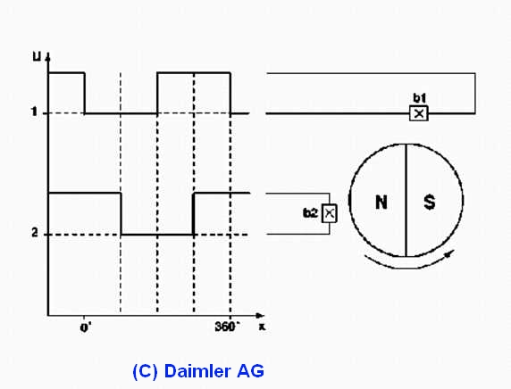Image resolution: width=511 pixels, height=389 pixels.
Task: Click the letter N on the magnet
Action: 381,202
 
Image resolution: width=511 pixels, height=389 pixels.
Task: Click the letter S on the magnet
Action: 429,202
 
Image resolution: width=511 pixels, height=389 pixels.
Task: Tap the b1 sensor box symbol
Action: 418,113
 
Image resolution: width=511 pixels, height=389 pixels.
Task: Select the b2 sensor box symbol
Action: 329,213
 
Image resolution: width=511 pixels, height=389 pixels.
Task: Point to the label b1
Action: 419,98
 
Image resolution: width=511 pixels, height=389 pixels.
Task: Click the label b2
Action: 310,213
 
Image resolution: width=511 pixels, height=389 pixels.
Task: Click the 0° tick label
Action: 86,327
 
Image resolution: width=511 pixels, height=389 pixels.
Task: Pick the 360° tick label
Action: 227,327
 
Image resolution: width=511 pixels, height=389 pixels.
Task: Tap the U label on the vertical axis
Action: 38,57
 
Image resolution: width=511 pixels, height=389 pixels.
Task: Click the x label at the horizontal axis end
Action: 262,327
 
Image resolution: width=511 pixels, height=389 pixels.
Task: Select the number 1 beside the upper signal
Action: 34,112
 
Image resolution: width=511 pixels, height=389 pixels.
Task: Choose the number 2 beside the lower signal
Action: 35,233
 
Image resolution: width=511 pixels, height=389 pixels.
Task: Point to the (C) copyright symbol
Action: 145,371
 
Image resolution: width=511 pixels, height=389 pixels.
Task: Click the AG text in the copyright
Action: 251,371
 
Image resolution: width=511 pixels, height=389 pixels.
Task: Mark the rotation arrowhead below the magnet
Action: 449,252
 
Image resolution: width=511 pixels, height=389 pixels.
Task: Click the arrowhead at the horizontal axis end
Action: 260,316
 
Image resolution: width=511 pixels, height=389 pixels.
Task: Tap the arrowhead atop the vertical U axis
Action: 48,58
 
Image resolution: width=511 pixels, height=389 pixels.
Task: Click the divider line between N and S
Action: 406,200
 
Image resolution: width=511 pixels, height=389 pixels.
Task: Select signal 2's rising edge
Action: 194,213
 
